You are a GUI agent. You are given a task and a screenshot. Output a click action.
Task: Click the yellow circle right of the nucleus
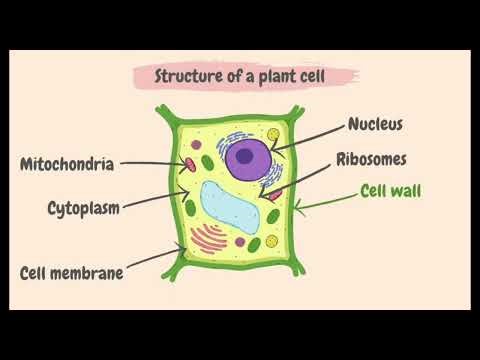pyautogui.click(x=272, y=133)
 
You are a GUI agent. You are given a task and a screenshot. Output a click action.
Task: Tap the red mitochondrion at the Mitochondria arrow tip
pyautogui.click(x=188, y=161)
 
